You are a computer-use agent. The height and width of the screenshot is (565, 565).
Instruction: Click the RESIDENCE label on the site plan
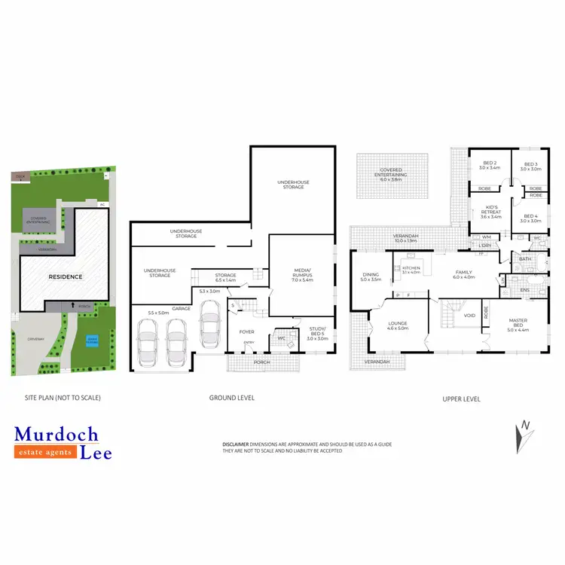click(x=66, y=276)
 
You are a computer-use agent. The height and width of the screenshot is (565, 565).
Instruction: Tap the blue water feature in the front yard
click(x=92, y=339)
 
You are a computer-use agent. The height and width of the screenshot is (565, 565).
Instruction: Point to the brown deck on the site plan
click(x=19, y=176)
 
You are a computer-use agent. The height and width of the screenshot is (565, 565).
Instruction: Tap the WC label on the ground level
click(x=280, y=337)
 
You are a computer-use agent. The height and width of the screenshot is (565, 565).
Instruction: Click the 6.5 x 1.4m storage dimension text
click(x=225, y=280)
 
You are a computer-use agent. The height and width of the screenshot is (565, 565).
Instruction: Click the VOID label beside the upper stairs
click(x=469, y=316)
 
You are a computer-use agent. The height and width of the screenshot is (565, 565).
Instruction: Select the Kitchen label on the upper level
click(x=411, y=268)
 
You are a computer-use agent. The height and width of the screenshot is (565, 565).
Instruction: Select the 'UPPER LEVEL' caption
click(x=461, y=399)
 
